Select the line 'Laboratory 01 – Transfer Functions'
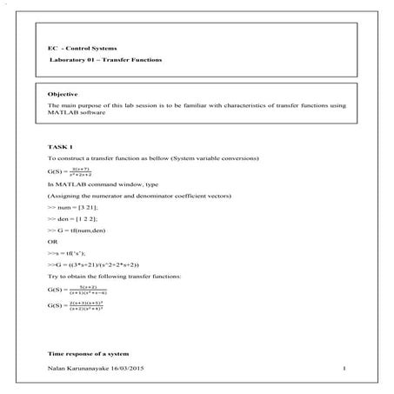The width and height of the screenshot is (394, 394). [x=104, y=60]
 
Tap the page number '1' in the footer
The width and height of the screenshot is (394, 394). [x=345, y=371]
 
